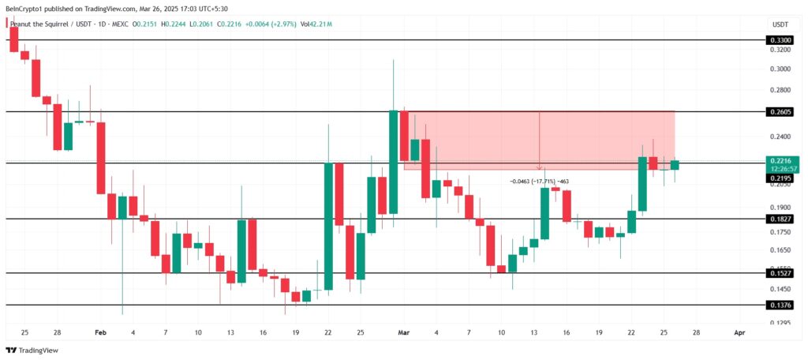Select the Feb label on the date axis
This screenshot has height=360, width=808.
(x=99, y=333)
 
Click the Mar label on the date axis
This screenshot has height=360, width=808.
(x=404, y=333)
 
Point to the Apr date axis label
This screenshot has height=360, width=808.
(x=738, y=333)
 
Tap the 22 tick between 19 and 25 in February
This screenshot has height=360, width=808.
(x=327, y=333)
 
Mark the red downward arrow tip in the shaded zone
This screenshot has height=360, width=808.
(x=539, y=168)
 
